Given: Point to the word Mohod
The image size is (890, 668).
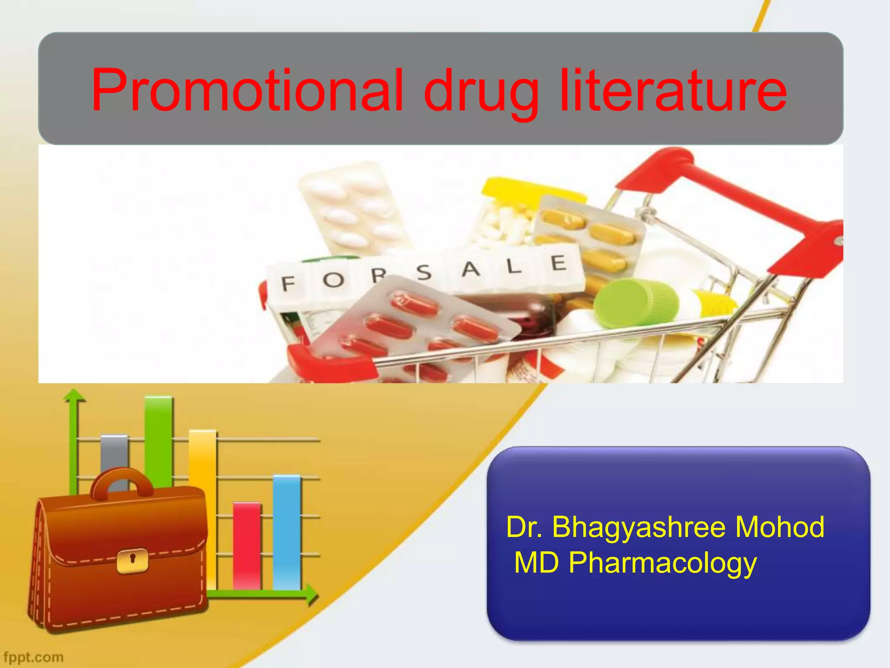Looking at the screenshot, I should click(780, 527).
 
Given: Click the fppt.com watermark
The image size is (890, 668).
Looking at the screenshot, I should click(33, 657).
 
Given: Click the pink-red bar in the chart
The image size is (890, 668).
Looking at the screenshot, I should click(247, 545).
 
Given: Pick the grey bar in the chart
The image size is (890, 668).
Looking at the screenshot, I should click(114, 452).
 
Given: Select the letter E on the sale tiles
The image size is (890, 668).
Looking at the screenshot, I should click(558, 263).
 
